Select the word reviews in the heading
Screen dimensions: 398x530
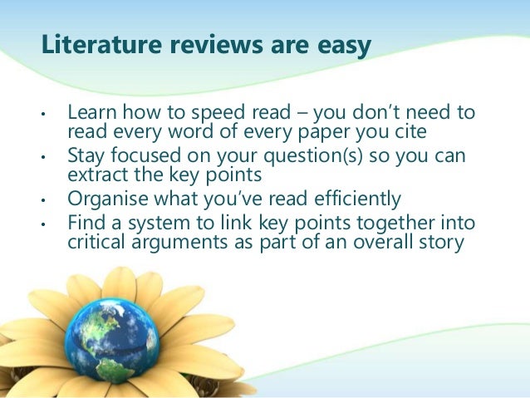(x=196, y=49)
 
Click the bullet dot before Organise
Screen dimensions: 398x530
(x=43, y=201)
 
